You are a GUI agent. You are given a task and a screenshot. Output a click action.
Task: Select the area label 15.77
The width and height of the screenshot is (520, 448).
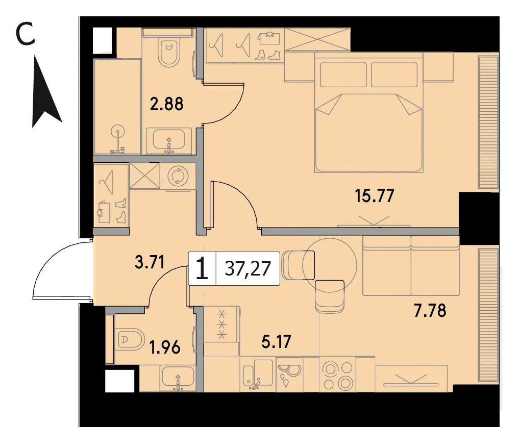point(375,195)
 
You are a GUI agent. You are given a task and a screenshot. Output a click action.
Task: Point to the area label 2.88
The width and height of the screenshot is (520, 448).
point(166,104)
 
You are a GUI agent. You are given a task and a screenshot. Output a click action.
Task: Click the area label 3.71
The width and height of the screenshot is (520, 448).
point(150,262)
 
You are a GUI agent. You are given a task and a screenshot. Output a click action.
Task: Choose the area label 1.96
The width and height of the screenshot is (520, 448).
point(165,348)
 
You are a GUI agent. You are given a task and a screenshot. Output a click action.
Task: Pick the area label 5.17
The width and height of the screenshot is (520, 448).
point(276,341)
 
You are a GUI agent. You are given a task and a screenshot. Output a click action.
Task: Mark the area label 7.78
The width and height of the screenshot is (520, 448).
point(430,311)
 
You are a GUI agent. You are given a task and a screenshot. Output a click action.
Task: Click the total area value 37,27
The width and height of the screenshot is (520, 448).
point(247,268)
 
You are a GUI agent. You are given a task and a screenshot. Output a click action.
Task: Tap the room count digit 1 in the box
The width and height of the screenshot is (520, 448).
point(202,268)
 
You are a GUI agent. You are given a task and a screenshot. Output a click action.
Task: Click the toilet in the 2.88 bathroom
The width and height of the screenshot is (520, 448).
point(169,52)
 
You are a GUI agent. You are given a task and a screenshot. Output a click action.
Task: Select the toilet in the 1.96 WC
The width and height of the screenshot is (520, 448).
point(131,339)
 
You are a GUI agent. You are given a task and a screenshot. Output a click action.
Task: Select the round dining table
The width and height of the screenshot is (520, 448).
point(330,265)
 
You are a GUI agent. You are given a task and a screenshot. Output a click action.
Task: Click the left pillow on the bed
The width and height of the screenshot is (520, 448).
point(343,75)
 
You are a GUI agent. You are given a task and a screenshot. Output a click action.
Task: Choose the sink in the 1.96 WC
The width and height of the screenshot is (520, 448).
point(178,378)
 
